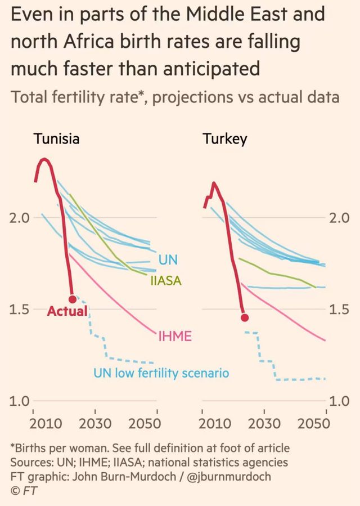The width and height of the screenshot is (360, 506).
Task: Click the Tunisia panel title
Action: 56,139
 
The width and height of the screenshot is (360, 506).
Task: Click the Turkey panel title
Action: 224,139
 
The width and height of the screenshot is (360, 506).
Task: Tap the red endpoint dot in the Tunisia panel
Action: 72,299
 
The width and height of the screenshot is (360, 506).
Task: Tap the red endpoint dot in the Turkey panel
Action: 245,317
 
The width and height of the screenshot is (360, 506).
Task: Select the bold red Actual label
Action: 67,311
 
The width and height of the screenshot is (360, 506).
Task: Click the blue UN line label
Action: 168,260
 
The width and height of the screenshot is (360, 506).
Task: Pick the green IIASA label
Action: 165,280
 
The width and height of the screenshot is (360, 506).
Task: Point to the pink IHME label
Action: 174,337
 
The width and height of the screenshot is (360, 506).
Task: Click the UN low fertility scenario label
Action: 161,373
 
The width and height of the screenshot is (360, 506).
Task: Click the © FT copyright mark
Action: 23,489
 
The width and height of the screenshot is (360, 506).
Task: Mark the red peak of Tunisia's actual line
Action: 44,159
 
